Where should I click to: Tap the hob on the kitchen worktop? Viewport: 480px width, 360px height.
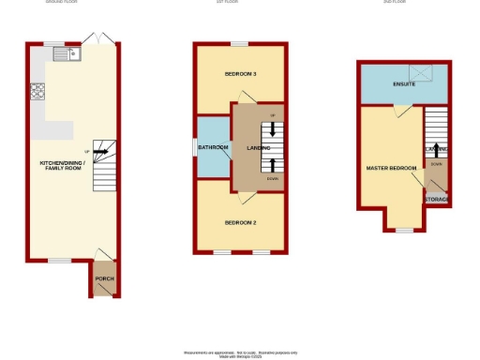(x=39, y=91)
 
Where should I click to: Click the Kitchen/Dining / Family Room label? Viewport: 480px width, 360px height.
(x=62, y=166)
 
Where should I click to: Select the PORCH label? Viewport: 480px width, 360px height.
(x=104, y=279)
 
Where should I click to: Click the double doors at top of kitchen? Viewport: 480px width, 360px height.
(x=95, y=38)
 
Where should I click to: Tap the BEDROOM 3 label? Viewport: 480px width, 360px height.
(x=240, y=74)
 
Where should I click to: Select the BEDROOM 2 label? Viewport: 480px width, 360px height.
(x=240, y=222)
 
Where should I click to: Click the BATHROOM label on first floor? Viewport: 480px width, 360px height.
(x=214, y=146)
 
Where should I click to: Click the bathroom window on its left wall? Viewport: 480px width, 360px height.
(x=195, y=147)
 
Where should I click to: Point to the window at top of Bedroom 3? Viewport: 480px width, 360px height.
(x=240, y=43)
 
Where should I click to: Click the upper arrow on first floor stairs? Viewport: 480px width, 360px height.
(x=274, y=128)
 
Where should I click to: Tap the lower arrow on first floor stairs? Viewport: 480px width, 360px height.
(x=274, y=165)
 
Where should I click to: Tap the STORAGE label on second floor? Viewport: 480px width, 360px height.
(x=437, y=200)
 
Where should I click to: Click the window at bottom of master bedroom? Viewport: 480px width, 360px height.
(x=403, y=230)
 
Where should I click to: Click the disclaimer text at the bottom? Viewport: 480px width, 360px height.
(x=240, y=352)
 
